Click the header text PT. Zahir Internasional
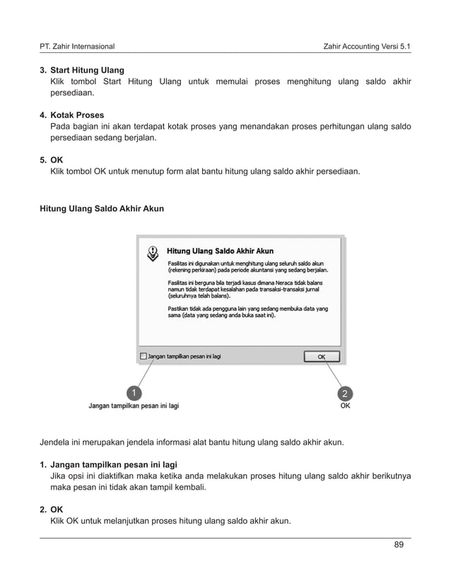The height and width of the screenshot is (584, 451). (77, 47)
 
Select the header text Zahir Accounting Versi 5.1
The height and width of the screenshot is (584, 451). (366, 47)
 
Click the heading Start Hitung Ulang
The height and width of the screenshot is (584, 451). (87, 71)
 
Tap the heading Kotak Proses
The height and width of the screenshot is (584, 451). (77, 115)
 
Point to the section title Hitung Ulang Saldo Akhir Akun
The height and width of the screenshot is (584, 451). (101, 209)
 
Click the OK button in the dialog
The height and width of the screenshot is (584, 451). (322, 357)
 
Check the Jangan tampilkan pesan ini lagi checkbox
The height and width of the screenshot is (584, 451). (143, 357)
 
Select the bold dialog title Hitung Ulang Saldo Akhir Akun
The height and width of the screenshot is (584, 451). (220, 250)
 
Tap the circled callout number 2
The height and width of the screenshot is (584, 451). (344, 392)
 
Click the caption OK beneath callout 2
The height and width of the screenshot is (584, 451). (344, 407)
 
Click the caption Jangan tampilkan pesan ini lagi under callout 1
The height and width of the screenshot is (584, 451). (134, 407)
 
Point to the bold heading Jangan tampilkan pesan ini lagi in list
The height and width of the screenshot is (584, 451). (113, 465)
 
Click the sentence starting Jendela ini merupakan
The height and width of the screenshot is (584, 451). (191, 443)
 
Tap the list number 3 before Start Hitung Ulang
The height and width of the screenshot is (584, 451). (42, 71)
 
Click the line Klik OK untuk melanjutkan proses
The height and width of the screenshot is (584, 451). (170, 521)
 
